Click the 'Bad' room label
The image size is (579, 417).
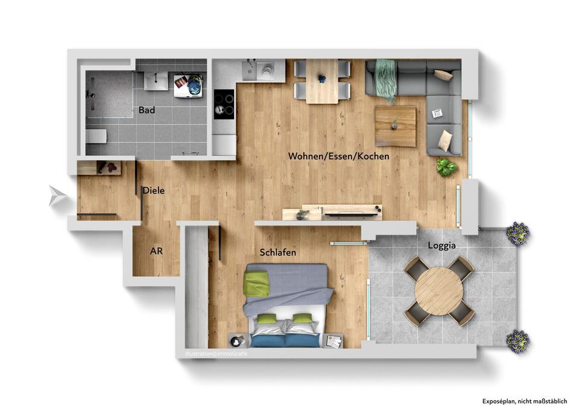[147, 110]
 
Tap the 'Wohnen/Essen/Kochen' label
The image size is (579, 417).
[338, 156]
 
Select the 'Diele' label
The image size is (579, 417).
[154, 191]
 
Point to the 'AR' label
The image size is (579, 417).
[156, 251]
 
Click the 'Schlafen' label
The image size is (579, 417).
[278, 253]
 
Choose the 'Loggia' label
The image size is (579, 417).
[441, 246]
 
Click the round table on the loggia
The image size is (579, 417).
[439, 291]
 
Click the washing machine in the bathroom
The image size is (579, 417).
[188, 84]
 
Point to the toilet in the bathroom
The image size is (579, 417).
[96, 137]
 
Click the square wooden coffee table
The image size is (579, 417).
[395, 126]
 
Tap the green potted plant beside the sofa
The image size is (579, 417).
[446, 167]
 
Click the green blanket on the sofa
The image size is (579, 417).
[385, 80]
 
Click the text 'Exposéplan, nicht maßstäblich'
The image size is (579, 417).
[524, 401]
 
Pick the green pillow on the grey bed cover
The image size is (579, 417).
[258, 284]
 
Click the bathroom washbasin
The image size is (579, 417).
[156, 79]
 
